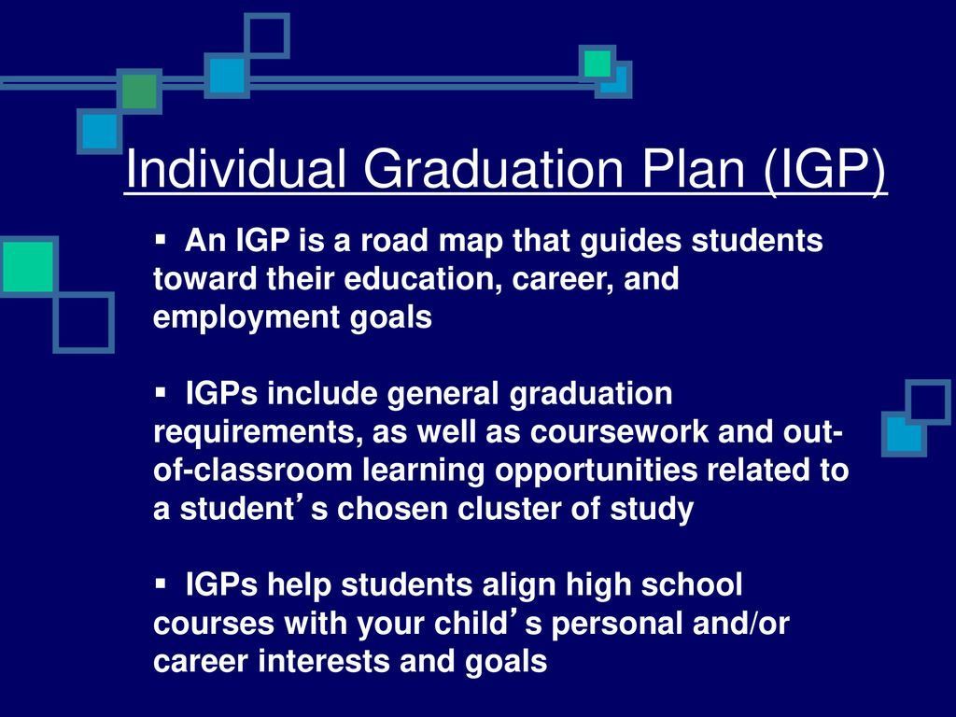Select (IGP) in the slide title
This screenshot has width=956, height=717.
click(824, 172)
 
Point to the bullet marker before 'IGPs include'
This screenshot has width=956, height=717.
click(161, 392)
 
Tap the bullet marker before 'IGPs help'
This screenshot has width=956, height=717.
click(161, 583)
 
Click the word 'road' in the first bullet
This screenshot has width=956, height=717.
click(395, 240)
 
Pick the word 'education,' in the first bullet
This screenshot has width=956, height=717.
click(423, 279)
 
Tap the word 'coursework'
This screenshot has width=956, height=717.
click(620, 431)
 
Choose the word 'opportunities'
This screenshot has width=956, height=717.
click(596, 471)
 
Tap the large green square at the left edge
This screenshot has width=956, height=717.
click(28, 266)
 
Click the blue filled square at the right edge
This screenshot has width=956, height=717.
click(904, 434)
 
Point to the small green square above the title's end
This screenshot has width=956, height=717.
click(597, 63)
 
